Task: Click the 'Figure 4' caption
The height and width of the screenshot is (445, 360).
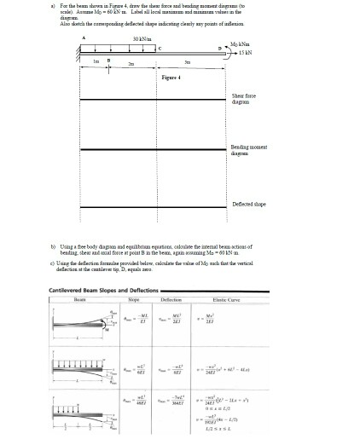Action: click(174, 77)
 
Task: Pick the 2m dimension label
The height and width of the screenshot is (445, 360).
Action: click(130, 65)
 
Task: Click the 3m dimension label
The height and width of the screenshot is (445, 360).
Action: click(188, 65)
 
